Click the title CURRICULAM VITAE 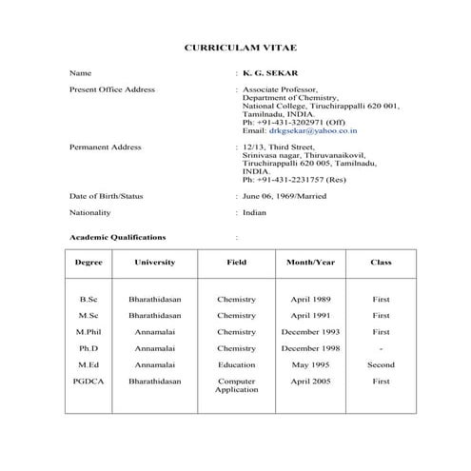pyautogui.click(x=234, y=45)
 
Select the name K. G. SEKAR pyautogui.click(x=266, y=72)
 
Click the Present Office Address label pyautogui.click(x=112, y=89)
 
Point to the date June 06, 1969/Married pyautogui.click(x=285, y=196)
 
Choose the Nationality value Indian pyautogui.click(x=254, y=213)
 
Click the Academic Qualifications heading pyautogui.click(x=117, y=237)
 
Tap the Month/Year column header pyautogui.click(x=310, y=262)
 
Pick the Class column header pyautogui.click(x=381, y=262)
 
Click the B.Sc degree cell pyautogui.click(x=88, y=300)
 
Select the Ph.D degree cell pyautogui.click(x=88, y=348)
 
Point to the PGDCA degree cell pyautogui.click(x=88, y=381)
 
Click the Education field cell pyautogui.click(x=236, y=364)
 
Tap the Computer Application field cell pyautogui.click(x=236, y=385)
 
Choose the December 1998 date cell pyautogui.click(x=310, y=348)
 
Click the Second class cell pyautogui.click(x=381, y=364)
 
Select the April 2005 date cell pyautogui.click(x=310, y=381)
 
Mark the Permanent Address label pyautogui.click(x=106, y=147)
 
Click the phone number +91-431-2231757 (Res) pyautogui.click(x=295, y=179)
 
